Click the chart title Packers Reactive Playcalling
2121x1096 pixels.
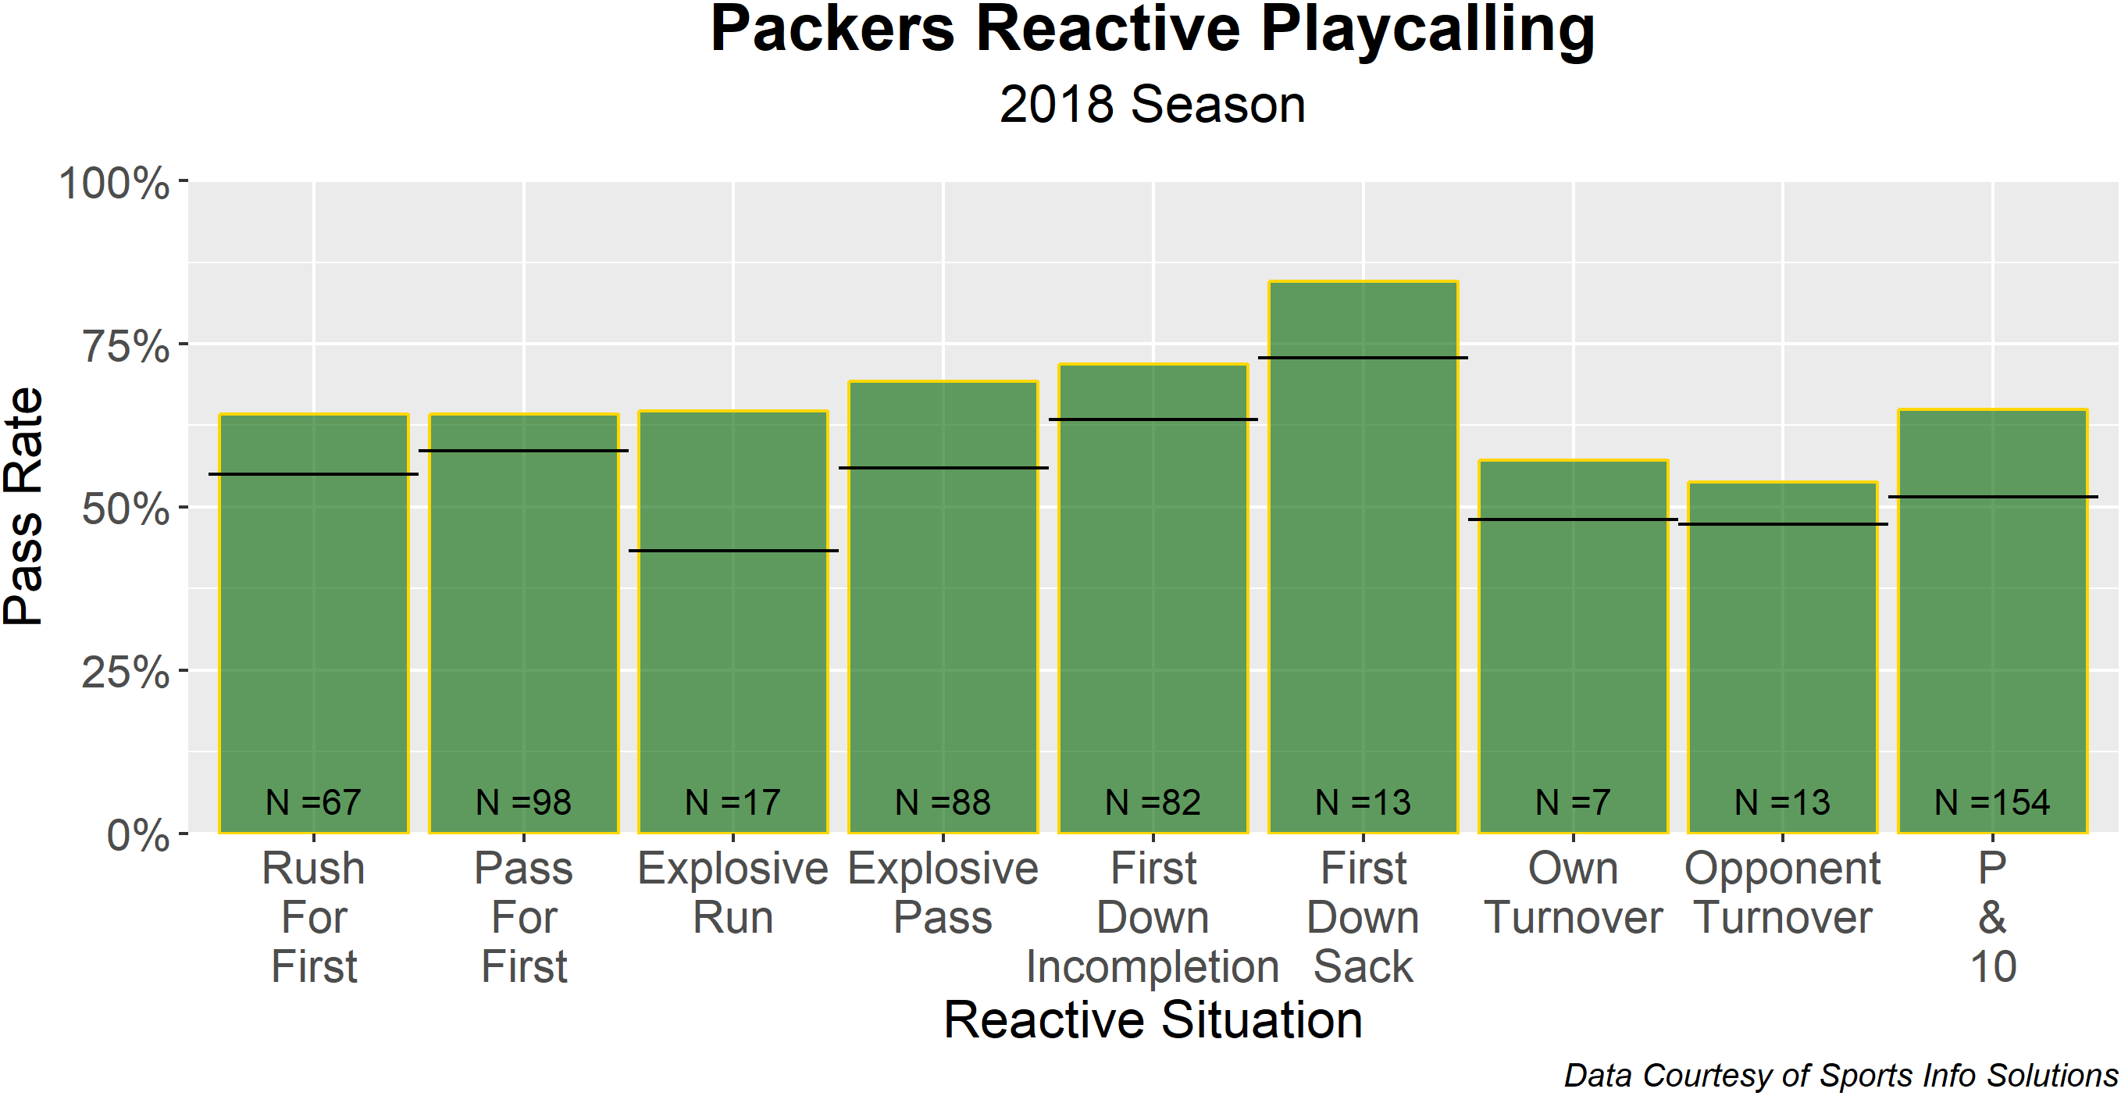(1152, 31)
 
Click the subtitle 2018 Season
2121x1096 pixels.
(1152, 105)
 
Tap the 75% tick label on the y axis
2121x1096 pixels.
(126, 346)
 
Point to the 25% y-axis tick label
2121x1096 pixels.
(126, 672)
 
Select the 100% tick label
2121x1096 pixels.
(114, 183)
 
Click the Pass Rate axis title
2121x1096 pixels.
(23, 506)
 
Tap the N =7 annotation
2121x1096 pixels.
(1573, 802)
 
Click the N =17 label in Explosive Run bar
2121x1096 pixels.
(733, 802)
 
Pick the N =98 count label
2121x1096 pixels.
(524, 802)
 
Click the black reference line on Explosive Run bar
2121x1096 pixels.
(733, 551)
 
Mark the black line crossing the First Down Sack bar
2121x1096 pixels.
(1363, 357)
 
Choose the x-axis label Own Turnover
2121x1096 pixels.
(1573, 894)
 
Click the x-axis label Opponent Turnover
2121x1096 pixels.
(1783, 894)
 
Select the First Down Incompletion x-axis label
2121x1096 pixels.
(1153, 917)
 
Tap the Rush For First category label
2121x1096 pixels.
(314, 917)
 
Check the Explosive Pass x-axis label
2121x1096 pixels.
(943, 894)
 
